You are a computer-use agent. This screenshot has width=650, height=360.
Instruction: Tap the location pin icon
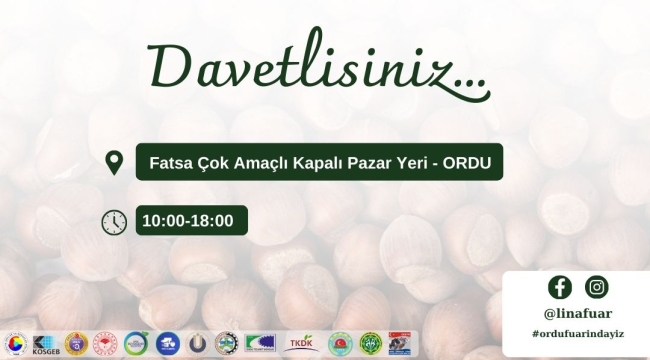[x=114, y=161]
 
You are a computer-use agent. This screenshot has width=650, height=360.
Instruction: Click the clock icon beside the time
[x=114, y=222]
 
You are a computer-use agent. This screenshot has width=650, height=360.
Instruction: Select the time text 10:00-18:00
[x=188, y=221]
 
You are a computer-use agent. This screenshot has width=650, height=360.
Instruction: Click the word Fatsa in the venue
[x=169, y=161]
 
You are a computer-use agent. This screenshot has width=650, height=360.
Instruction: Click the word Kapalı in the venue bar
[x=315, y=161]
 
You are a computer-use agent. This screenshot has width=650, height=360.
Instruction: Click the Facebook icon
[x=560, y=287]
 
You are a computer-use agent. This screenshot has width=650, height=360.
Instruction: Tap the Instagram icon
[x=597, y=287]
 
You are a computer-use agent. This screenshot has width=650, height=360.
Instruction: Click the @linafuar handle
[x=578, y=313]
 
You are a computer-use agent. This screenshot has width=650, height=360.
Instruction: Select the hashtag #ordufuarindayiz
[x=578, y=333]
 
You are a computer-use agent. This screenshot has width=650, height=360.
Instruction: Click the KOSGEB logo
[x=45, y=343]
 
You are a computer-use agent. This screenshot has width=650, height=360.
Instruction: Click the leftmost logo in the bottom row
[x=14, y=343]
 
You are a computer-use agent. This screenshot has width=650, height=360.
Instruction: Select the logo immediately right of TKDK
[x=340, y=343]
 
